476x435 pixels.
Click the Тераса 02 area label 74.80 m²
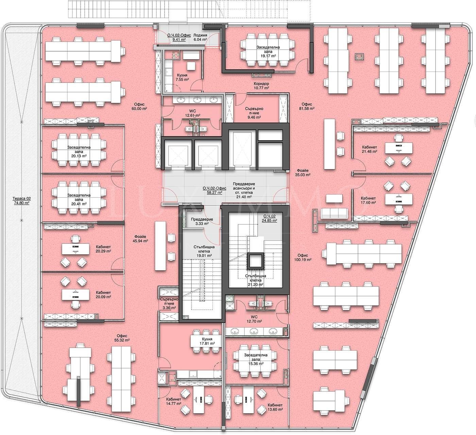coord(22,201)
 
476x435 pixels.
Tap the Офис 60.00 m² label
coord(139,106)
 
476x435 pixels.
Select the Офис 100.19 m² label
coord(303,257)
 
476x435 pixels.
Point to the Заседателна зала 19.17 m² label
coord(268,51)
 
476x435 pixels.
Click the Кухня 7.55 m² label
coord(182,77)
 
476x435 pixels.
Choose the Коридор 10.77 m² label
coord(261,86)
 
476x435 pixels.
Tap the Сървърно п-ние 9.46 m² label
coord(254,113)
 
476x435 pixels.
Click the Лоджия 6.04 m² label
coord(200,37)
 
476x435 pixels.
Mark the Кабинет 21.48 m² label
coord(370,149)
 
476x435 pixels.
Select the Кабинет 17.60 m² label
coord(368,200)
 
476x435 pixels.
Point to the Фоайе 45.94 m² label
coord(140,238)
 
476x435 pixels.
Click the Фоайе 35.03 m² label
coord(303,173)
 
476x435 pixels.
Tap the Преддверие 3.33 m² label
coord(202,221)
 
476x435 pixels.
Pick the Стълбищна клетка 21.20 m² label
coord(256,280)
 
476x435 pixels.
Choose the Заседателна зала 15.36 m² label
coord(256,359)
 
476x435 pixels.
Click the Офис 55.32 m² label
coord(122,338)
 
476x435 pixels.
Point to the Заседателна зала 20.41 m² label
coord(79,199)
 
